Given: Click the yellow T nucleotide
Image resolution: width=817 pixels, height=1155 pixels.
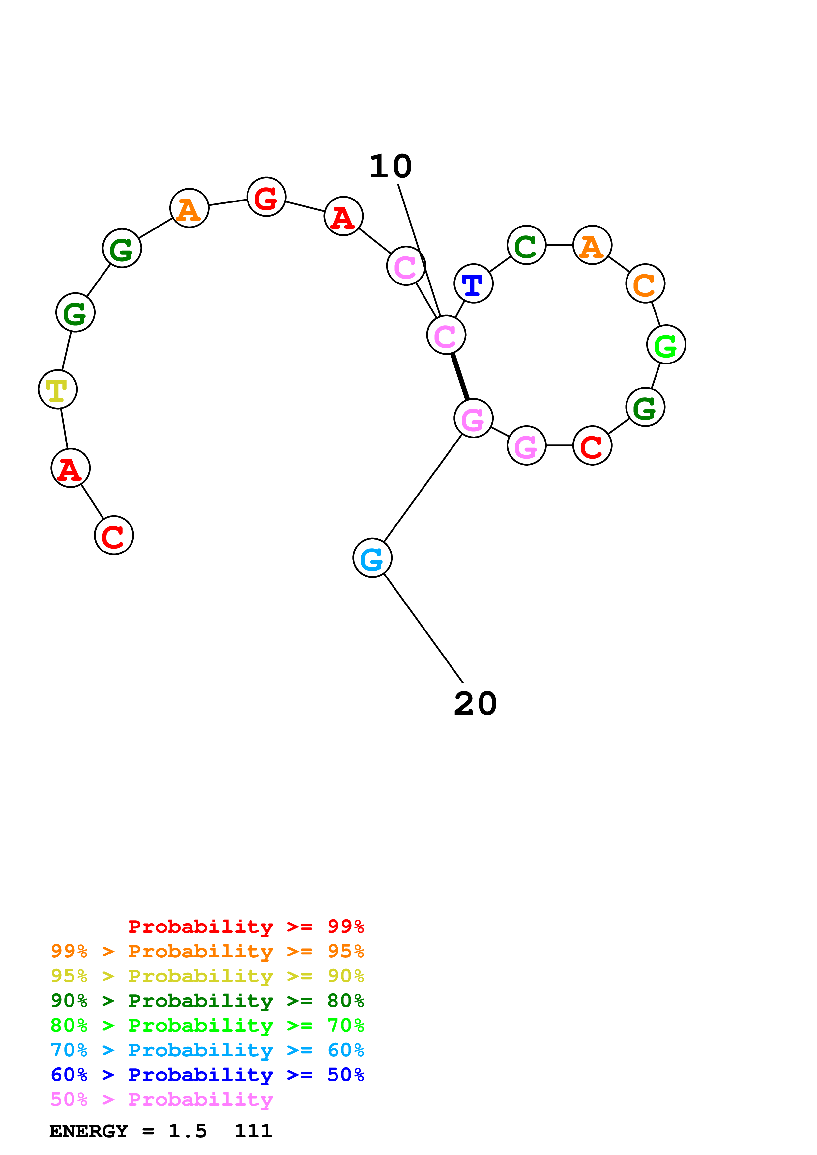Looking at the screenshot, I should click(x=57, y=390).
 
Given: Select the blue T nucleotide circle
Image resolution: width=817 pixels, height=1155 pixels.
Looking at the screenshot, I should click(x=473, y=284).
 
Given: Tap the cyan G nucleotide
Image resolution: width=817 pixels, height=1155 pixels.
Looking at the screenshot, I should click(x=372, y=558).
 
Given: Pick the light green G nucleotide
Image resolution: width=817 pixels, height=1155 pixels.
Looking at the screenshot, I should click(x=666, y=345).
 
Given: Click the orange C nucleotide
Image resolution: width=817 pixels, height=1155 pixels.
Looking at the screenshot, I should click(x=645, y=284).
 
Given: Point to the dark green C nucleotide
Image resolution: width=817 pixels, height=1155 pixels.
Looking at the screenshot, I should click(x=526, y=246).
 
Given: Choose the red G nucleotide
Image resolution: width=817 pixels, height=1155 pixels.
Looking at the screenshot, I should click(x=266, y=197).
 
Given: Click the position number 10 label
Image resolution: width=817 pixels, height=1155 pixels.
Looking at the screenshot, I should click(x=390, y=167).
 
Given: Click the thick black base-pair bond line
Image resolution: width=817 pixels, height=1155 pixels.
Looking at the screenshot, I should click(x=460, y=377).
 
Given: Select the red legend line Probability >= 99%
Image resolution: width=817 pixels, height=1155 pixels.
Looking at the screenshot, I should click(x=246, y=927).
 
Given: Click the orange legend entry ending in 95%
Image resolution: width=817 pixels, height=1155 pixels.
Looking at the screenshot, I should click(x=207, y=951).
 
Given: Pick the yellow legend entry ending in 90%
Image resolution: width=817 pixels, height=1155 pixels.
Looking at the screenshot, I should click(x=207, y=976).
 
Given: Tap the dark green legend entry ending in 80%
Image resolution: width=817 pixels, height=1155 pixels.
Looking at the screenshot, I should click(x=207, y=1001).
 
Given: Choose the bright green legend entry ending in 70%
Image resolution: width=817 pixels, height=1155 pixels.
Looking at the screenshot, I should click(x=207, y=1025).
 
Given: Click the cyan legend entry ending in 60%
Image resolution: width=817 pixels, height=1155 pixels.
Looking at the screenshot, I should click(x=207, y=1050).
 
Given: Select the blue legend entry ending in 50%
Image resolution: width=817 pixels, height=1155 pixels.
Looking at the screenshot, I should click(x=207, y=1075).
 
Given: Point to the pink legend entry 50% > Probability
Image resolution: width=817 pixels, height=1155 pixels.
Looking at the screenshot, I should click(x=161, y=1099).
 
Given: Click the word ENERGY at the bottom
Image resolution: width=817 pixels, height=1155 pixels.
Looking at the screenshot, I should click(x=89, y=1131).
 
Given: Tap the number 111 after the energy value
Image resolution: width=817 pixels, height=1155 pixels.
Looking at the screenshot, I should click(x=253, y=1131).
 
